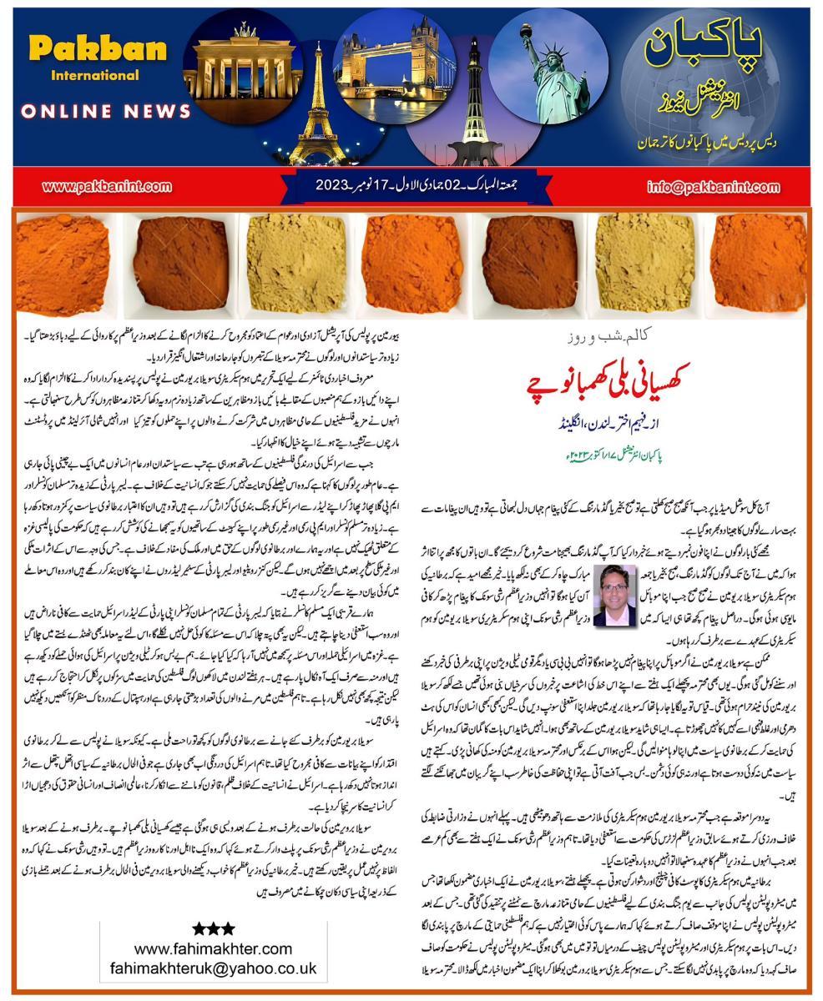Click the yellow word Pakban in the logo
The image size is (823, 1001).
click(98, 49)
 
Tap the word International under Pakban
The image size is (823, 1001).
click(98, 76)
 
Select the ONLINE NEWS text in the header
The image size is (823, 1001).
click(106, 111)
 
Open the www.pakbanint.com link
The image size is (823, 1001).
click(107, 186)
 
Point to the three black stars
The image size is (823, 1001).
click(213, 928)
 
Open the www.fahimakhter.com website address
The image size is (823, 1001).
click(213, 948)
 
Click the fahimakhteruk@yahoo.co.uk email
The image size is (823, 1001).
click(213, 968)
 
